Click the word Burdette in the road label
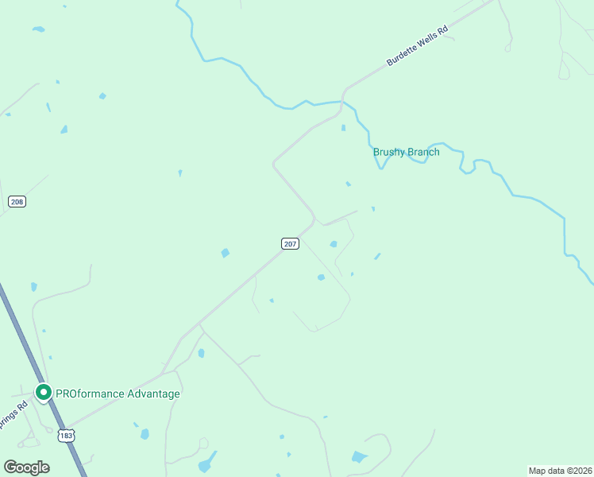(x=401, y=55)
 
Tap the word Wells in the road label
(x=426, y=40)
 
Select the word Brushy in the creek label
(x=389, y=152)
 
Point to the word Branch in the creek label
(x=423, y=152)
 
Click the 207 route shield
(x=290, y=243)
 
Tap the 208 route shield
(x=17, y=202)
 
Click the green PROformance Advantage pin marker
(x=44, y=392)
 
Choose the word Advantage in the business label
(x=152, y=394)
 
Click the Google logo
(x=26, y=467)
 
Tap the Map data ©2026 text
(x=560, y=471)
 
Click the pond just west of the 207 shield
(x=226, y=253)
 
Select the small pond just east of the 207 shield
(x=333, y=244)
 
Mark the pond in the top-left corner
(x=38, y=29)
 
